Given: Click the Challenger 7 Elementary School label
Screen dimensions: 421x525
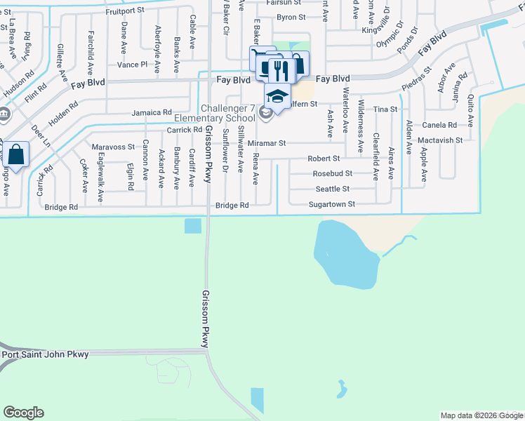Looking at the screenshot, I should click(x=229, y=112).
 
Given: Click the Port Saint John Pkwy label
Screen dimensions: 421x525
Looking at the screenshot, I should click(x=46, y=354).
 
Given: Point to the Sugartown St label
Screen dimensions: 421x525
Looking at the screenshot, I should click(x=333, y=204).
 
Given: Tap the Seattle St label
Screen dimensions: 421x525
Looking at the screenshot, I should click(x=332, y=189).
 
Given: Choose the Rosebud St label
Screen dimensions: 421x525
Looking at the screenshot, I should click(x=333, y=173).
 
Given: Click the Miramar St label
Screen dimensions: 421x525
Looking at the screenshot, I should click(x=267, y=142).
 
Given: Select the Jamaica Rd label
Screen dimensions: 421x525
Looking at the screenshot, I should click(x=152, y=112).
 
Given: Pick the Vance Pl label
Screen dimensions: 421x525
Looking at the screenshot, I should click(x=133, y=65).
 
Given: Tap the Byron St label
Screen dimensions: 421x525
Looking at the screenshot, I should click(x=291, y=17).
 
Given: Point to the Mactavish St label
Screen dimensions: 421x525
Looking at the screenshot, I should click(x=439, y=140).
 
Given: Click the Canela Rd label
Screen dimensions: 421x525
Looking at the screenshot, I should click(x=440, y=125).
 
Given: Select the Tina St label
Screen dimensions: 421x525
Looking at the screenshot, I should click(x=385, y=109).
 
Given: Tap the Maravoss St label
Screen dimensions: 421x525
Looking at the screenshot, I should click(x=113, y=147).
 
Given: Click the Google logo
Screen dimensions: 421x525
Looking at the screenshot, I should click(x=23, y=413).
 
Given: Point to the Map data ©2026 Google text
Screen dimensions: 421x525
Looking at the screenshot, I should click(x=481, y=415).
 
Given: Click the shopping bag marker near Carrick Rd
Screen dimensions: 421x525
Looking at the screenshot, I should click(x=17, y=154).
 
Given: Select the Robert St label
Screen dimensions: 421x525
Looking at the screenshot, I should click(x=324, y=159).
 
